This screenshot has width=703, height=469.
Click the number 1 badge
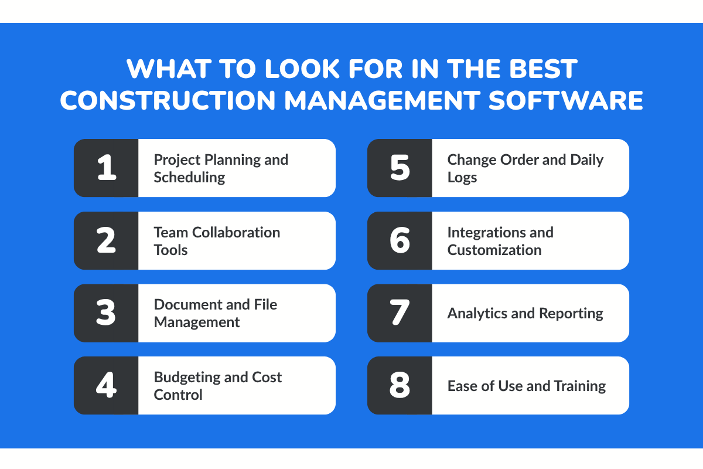coord(106,168)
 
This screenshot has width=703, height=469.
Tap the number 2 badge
coord(106,240)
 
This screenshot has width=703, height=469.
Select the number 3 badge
coord(106,313)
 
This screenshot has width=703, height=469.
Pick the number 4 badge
coord(106,386)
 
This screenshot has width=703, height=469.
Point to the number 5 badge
coord(400,168)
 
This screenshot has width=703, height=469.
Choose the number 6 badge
coord(400,240)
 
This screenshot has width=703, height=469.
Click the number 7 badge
coord(400,313)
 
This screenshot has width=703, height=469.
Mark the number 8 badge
coord(400,386)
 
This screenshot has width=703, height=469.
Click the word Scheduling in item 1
coord(189,178)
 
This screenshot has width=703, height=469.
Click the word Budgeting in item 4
coord(183,377)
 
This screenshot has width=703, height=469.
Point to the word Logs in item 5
coord(462,178)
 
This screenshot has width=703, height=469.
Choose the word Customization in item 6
coord(494,250)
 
